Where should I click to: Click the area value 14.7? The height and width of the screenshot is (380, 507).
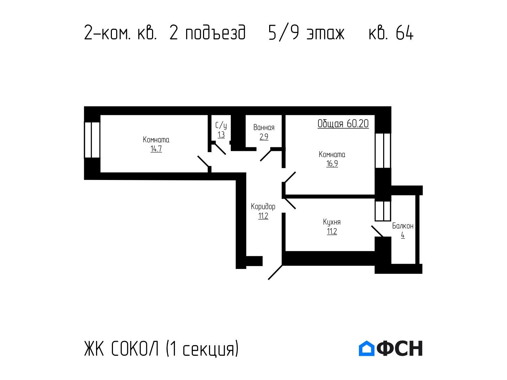tap(156, 149)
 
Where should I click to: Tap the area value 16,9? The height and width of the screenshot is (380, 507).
tap(332, 163)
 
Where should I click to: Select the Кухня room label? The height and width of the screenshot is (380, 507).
tap(332, 222)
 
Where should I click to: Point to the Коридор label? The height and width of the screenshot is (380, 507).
tap(263, 207)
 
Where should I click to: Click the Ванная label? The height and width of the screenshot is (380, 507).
tap(264, 127)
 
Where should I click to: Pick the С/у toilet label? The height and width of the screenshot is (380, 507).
tap(221, 125)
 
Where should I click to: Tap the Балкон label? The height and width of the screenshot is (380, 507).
tap(403, 226)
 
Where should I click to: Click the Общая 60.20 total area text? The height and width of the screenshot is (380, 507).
tap(343, 124)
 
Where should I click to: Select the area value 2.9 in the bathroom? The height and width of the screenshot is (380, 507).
tap(264, 137)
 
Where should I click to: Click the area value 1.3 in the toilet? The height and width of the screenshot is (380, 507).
tap(221, 135)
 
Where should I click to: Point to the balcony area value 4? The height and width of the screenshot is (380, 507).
tap(403, 235)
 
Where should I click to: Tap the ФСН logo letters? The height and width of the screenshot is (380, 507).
tap(400, 348)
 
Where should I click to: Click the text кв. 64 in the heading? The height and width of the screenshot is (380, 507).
tap(391, 33)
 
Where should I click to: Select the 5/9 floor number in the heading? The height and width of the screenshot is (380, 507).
tap(284, 33)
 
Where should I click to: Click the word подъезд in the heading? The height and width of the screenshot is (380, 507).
tap(215, 33)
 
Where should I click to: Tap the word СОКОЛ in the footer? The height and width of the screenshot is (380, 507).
tap(135, 348)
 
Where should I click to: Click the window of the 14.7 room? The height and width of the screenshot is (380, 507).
tap(92, 140)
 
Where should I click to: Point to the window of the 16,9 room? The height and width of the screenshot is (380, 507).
tap(383, 151)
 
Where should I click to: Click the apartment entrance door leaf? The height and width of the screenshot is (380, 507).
tap(275, 272)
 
